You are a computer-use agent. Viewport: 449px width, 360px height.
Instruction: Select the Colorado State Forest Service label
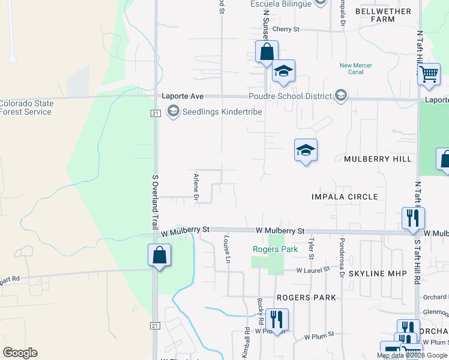26,107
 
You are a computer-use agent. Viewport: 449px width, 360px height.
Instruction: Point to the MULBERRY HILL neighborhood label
378,159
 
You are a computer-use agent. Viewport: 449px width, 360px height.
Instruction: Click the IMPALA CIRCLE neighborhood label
345,197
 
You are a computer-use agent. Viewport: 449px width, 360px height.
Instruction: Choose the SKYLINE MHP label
378,273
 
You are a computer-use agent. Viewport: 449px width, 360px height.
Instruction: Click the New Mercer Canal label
355,68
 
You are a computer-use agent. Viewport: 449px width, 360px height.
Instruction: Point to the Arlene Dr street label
196,186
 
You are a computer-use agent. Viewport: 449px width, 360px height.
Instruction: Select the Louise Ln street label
227,248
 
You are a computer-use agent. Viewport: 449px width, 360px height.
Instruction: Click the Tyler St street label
311,248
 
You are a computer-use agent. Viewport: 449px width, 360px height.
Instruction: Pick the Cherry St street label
286,29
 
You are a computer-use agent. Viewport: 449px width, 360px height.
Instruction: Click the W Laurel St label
313,270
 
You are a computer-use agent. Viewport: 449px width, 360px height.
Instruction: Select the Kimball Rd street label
247,340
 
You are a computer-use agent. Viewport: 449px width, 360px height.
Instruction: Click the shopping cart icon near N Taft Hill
428,74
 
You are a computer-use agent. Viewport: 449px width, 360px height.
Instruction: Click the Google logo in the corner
20,353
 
